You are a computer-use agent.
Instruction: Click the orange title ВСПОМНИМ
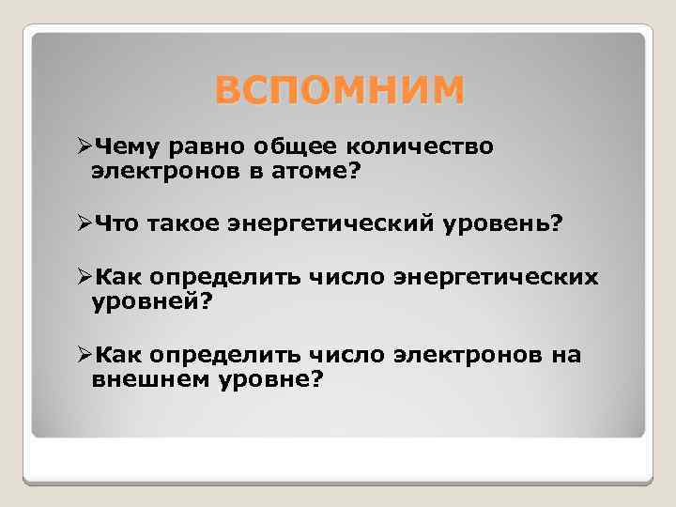click(x=339, y=92)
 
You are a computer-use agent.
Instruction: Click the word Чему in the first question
click(x=130, y=146)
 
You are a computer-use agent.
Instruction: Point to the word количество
click(x=422, y=146)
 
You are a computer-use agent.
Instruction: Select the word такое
click(x=185, y=224)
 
